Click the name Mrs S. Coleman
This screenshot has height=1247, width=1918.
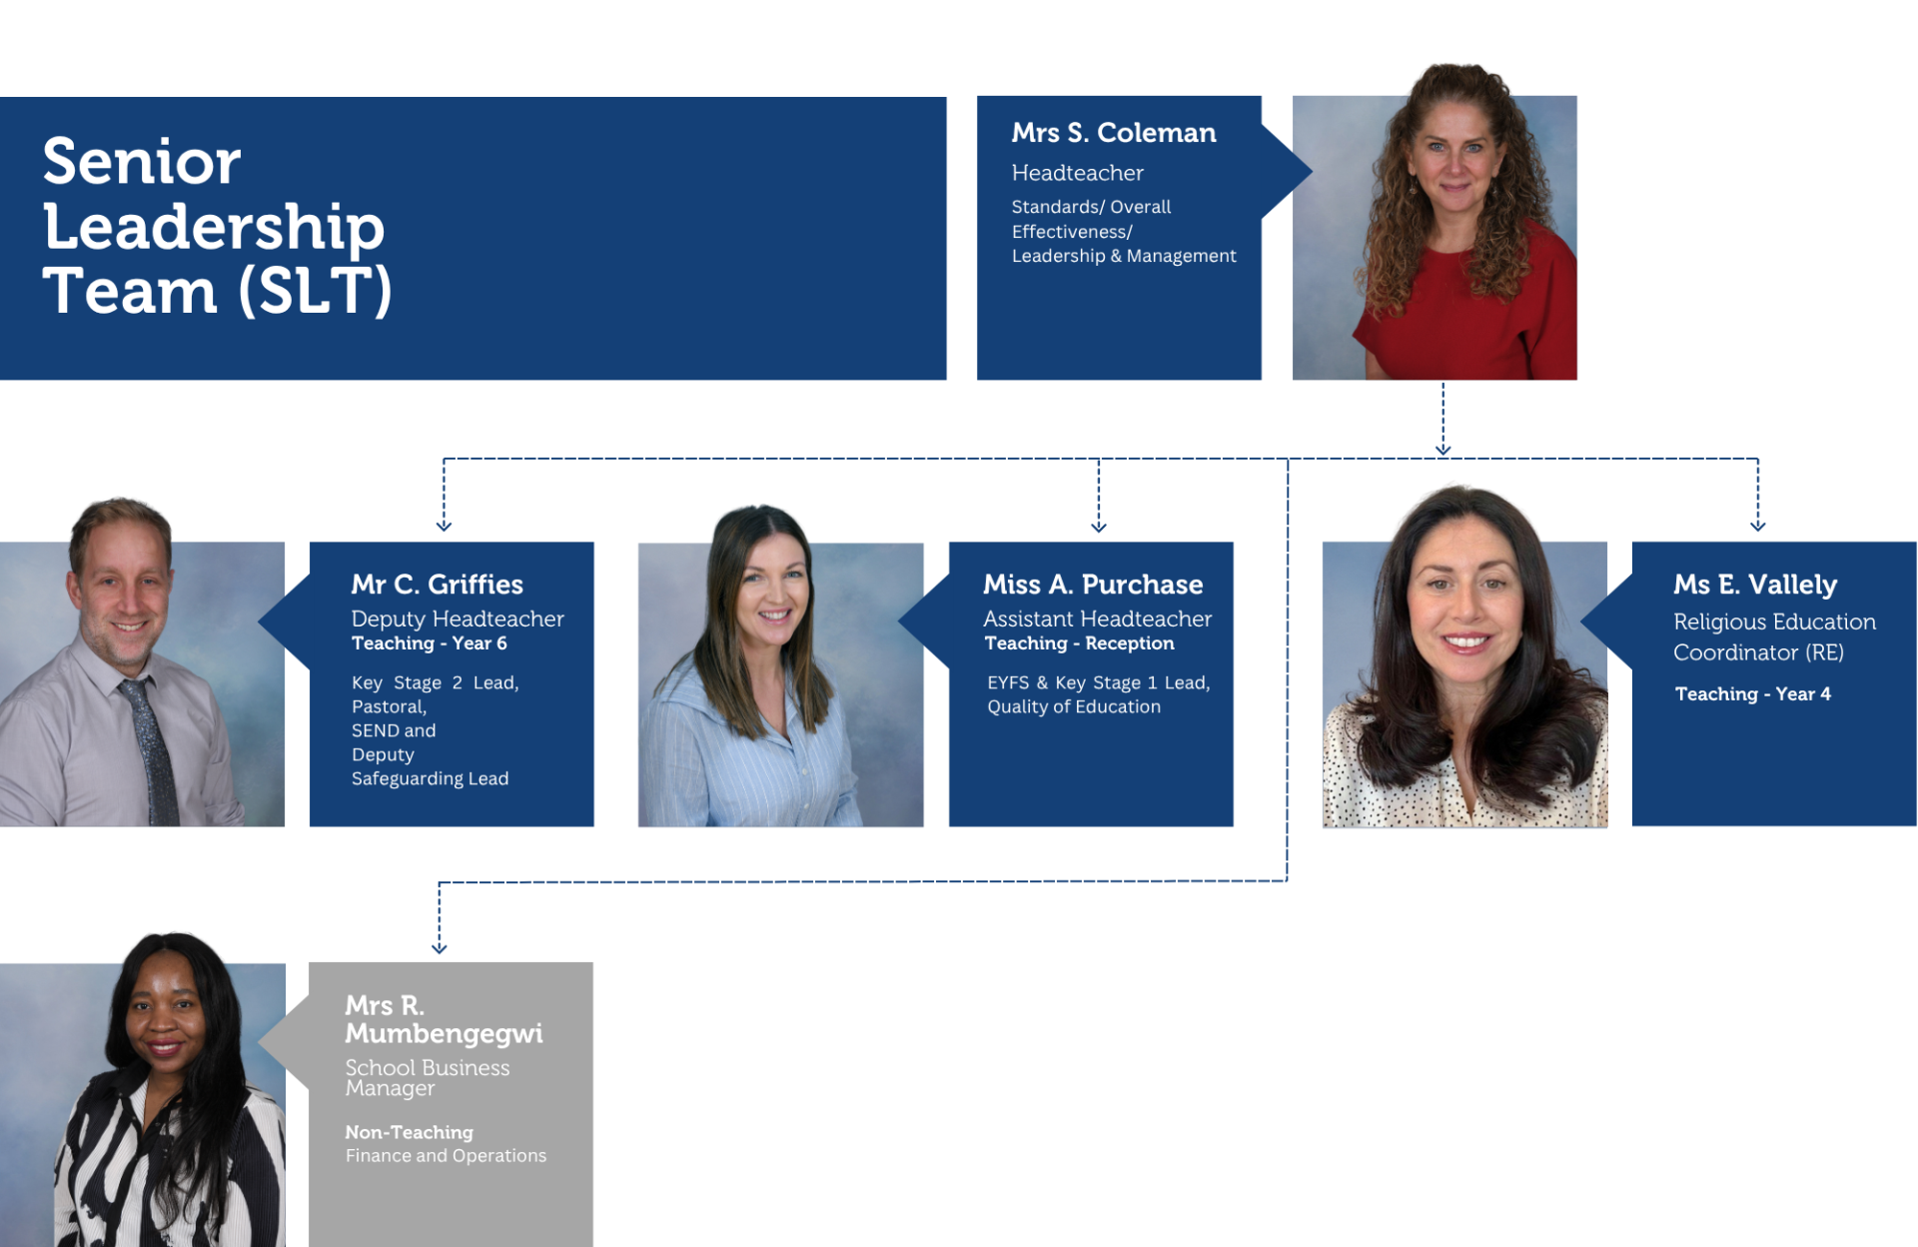1113,133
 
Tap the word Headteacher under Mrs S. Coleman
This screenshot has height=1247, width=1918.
1077,173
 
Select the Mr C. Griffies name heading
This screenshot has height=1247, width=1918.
437,585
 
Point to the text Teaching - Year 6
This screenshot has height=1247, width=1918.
429,643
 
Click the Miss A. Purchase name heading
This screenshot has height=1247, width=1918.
1092,585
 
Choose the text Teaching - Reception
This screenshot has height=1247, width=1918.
1079,643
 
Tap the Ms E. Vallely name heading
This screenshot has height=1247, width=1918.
1754,585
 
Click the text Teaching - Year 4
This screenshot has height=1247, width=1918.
1752,694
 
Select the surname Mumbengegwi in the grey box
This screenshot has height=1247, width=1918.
444,1033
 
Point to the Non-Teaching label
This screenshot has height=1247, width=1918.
409,1132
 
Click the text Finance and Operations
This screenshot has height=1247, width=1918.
446,1156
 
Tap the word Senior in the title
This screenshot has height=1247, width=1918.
141,162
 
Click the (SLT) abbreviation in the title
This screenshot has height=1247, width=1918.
315,291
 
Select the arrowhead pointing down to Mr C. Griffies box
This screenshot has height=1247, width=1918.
444,526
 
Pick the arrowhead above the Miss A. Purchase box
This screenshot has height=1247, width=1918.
1098,526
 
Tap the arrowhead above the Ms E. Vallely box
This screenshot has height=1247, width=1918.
1757,526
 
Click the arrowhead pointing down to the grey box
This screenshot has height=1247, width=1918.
439,947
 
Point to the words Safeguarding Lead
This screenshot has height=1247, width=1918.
430,778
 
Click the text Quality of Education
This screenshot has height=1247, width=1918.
1074,707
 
